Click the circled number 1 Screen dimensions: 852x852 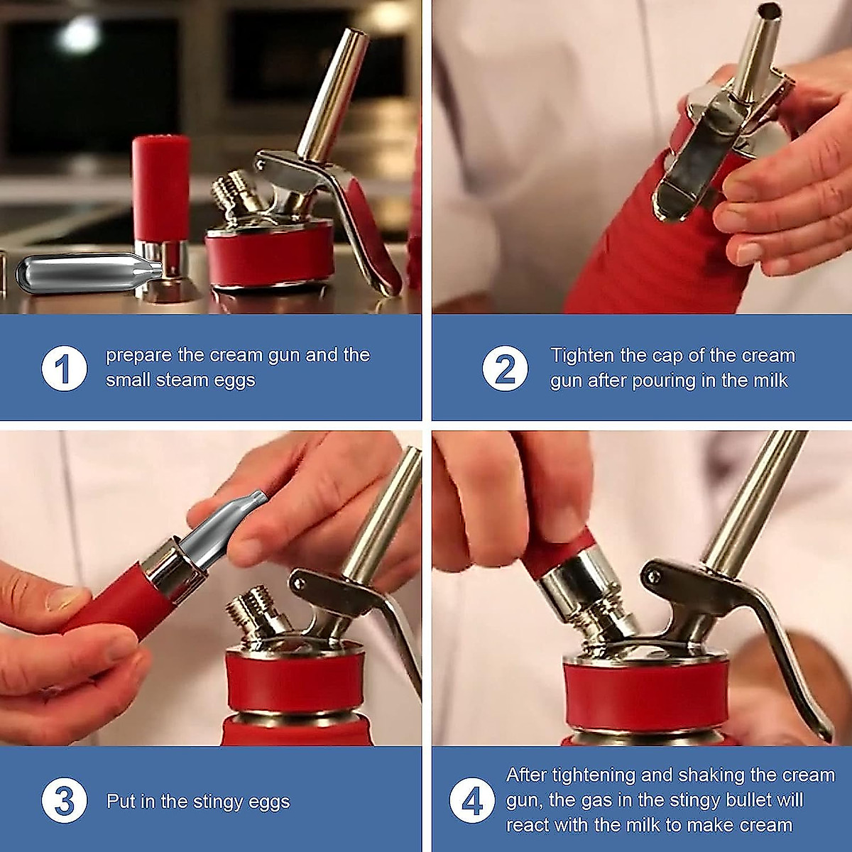point(65,368)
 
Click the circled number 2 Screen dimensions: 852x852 point(506,368)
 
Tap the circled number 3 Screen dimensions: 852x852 point(65,801)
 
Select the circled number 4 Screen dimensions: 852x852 point(472,801)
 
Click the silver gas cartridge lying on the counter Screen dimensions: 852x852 point(89,271)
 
